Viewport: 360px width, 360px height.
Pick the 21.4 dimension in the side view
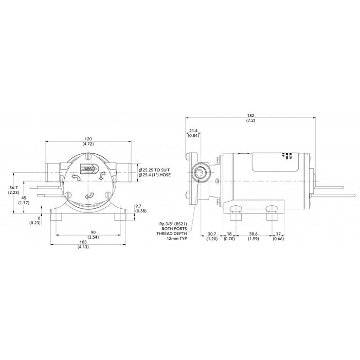193,131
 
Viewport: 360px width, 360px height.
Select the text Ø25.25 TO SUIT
158,169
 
